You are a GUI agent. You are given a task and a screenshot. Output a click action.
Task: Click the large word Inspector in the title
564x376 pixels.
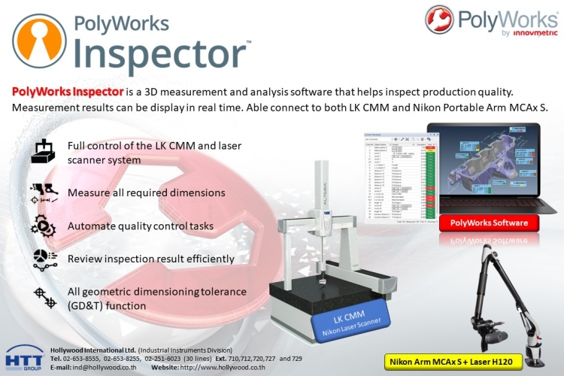pyautogui.click(x=163, y=55)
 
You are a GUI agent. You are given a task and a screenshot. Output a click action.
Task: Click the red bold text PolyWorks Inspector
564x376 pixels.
pyautogui.click(x=68, y=92)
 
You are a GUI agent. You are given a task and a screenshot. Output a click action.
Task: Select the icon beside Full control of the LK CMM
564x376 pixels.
pyautogui.click(x=42, y=151)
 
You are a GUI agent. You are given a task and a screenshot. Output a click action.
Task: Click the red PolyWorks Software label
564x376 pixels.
pyautogui.click(x=489, y=223)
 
